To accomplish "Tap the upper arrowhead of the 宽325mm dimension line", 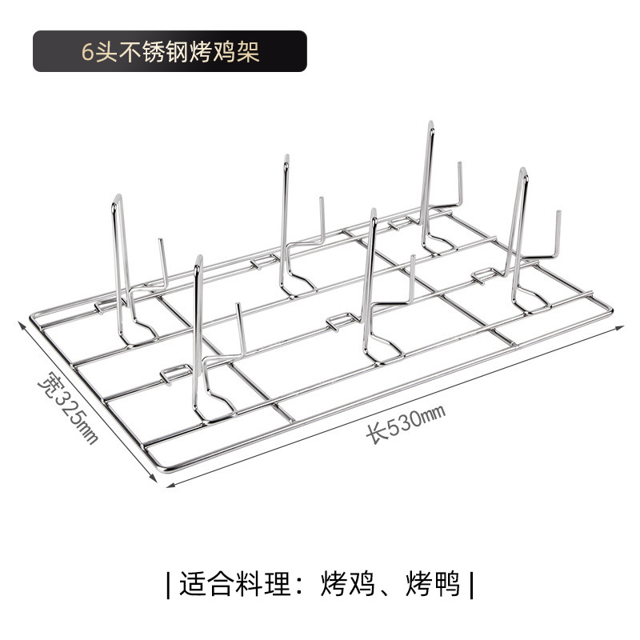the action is [22, 322].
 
